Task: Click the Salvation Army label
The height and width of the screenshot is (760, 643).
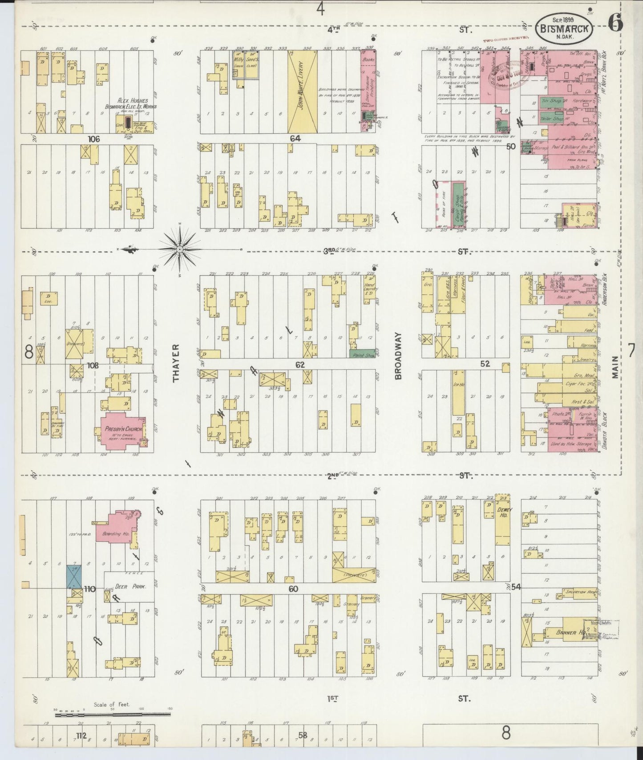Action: [579, 593]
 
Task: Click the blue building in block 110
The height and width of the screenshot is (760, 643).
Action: [74, 576]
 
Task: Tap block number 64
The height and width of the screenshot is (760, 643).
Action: [295, 138]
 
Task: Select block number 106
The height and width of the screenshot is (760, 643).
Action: [93, 139]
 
